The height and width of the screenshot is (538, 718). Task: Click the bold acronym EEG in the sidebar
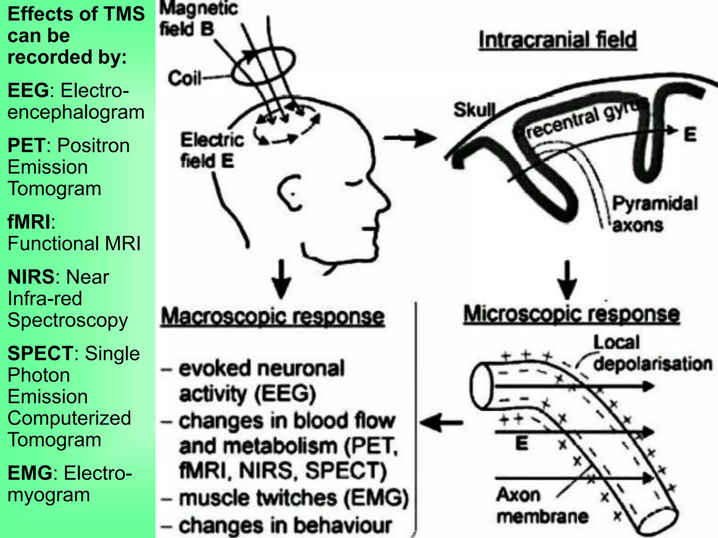tap(28, 91)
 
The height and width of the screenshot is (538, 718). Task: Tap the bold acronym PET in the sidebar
tap(27, 146)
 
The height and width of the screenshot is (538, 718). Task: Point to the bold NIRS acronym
tap(31, 277)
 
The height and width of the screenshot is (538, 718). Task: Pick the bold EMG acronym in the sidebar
tap(30, 473)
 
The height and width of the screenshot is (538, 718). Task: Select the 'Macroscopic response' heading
tap(272, 317)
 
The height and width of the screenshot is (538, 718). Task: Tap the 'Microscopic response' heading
tap(571, 314)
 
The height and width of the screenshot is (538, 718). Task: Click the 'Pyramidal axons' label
tap(654, 214)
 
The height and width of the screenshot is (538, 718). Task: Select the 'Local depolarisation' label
tap(652, 353)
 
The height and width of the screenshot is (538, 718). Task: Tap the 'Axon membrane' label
tap(542, 506)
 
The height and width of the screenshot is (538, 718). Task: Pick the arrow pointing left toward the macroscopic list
tap(441, 423)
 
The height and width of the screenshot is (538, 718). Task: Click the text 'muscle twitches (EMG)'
tap(294, 498)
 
